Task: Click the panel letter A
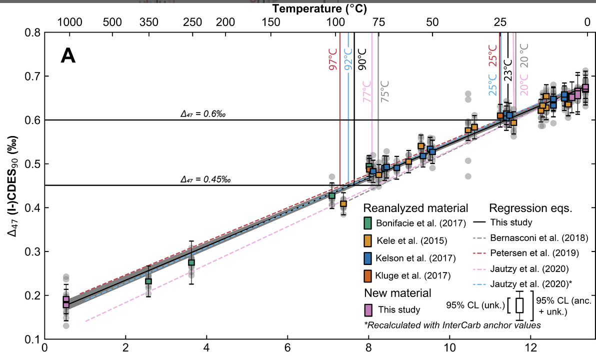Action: [x=68, y=55]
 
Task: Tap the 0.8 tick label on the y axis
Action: [x=32, y=33]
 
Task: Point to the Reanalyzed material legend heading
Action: [x=416, y=208]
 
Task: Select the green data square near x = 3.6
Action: [x=191, y=262]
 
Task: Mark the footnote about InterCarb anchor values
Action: [x=453, y=325]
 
